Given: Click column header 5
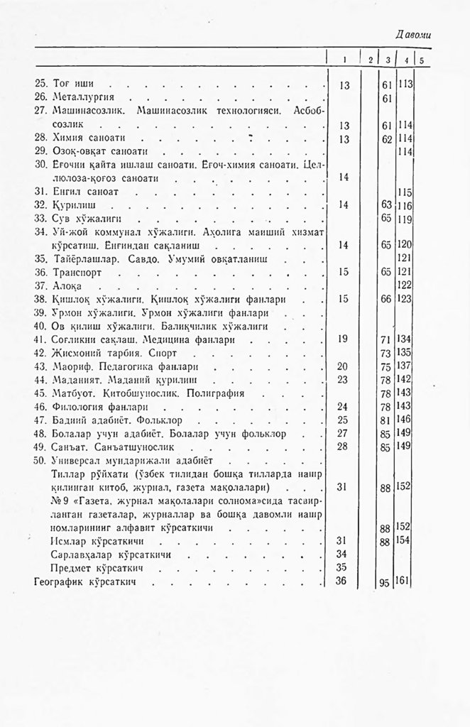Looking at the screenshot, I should [x=422, y=60].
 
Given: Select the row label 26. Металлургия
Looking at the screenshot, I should [x=79, y=97].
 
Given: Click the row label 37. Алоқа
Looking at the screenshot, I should [x=68, y=285].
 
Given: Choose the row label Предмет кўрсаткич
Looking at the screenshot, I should [x=92, y=568].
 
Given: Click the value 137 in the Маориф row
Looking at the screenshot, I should [x=406, y=366].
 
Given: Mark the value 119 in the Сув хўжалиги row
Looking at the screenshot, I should [x=406, y=219].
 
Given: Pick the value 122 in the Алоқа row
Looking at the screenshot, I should [x=406, y=285].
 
